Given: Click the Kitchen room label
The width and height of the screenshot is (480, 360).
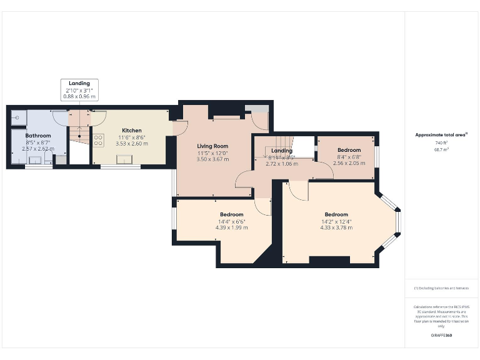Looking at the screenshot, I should point(131,131).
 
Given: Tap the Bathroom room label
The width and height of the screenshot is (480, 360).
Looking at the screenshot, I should point(37,135).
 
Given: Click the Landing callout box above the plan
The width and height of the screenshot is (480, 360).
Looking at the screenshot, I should point(79,90).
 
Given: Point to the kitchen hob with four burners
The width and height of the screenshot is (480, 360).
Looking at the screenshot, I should point(98,140).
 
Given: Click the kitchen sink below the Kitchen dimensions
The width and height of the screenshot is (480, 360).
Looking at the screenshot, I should point(129,160).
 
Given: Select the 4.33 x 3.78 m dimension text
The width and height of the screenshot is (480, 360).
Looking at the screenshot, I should point(336,227).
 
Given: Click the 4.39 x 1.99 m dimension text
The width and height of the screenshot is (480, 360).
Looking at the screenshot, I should point(231,227).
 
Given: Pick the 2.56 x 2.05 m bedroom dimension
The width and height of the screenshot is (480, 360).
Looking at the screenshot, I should point(349,162).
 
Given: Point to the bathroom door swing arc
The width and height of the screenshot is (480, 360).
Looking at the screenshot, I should point(60,117).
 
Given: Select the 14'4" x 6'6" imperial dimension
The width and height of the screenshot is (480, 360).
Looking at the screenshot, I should point(231,221).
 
